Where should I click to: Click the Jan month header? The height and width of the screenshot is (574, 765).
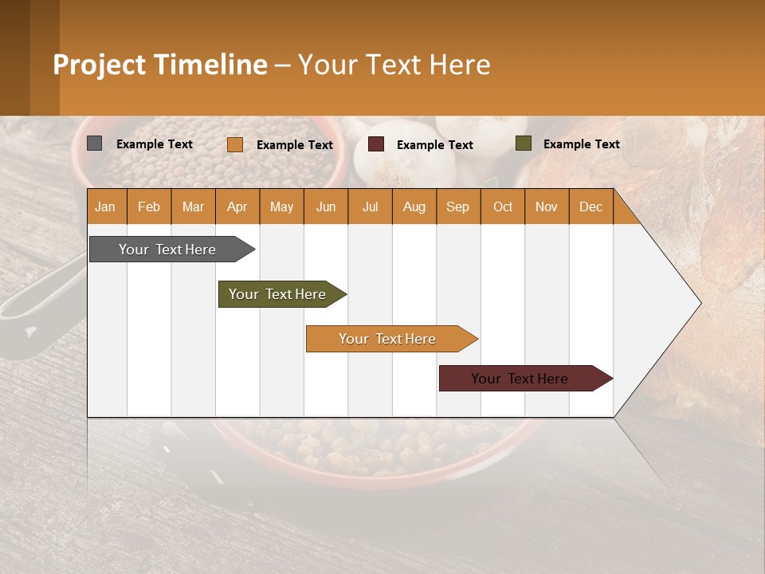pyautogui.click(x=105, y=206)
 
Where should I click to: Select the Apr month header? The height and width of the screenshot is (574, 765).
pyautogui.click(x=237, y=206)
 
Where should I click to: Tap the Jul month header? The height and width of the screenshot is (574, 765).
pyautogui.click(x=370, y=206)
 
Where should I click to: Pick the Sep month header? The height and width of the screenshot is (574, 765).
pyautogui.click(x=457, y=206)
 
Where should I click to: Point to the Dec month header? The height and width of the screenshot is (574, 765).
pyautogui.click(x=590, y=206)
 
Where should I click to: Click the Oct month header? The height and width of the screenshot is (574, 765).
pyautogui.click(x=503, y=206)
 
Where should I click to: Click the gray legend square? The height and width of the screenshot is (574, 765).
pyautogui.click(x=95, y=143)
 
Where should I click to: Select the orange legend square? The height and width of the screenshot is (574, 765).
pyautogui.click(x=235, y=144)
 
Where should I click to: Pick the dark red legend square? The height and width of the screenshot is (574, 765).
pyautogui.click(x=376, y=144)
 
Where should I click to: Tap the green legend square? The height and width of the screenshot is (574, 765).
pyautogui.click(x=524, y=143)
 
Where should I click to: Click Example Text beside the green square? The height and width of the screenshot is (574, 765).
pyautogui.click(x=581, y=143)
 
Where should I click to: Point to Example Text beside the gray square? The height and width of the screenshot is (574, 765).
pyautogui.click(x=154, y=143)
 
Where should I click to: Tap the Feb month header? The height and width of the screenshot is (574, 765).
pyautogui.click(x=149, y=206)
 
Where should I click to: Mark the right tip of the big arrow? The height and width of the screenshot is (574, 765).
pyautogui.click(x=700, y=303)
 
